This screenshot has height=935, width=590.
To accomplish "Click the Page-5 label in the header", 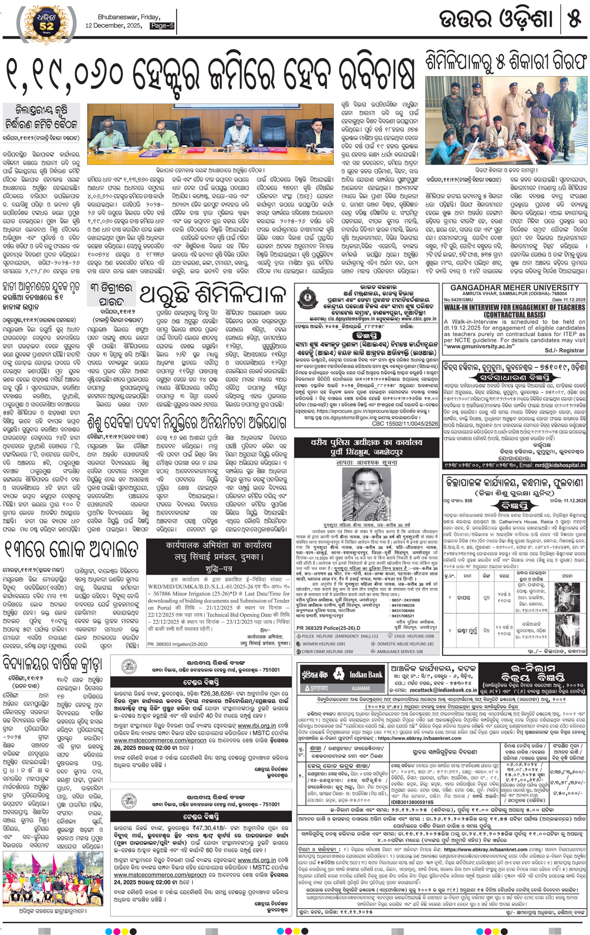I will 162,26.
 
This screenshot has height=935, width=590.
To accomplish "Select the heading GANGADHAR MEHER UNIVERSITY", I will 515,288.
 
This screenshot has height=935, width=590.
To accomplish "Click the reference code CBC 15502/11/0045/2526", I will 405,424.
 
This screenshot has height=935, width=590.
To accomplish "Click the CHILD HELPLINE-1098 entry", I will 414,636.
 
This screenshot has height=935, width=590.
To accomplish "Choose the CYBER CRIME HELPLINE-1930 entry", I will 327,652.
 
